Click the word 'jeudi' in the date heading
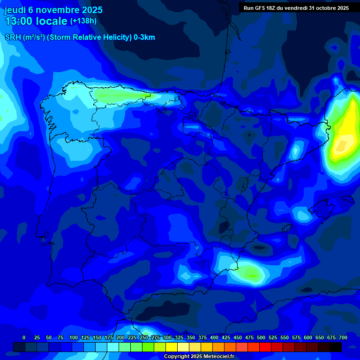15,10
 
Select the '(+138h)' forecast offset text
83,21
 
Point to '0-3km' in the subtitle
144,37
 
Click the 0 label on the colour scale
24,337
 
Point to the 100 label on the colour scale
74,337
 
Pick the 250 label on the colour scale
144,337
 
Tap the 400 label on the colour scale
214,337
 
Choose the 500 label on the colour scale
261,337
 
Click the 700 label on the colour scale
343,337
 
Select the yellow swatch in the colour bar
172,347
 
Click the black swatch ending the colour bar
336,347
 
